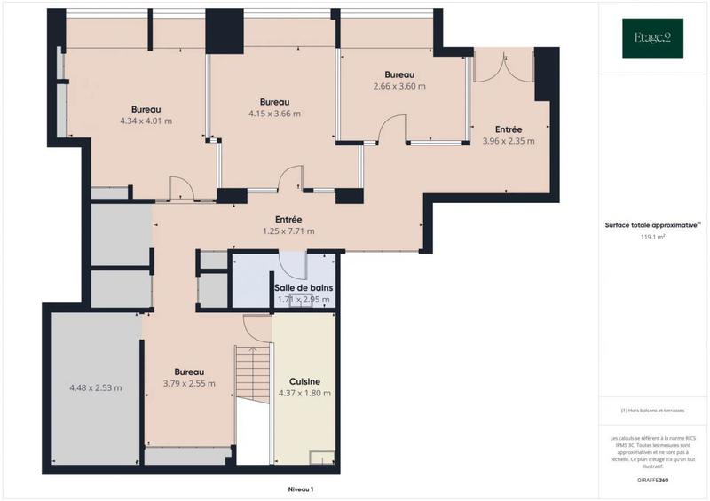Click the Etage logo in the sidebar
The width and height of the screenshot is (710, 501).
652,38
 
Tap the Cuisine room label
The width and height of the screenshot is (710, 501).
304,382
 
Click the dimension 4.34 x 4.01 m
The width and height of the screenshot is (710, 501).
146,121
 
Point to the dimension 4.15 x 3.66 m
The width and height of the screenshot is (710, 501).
274,114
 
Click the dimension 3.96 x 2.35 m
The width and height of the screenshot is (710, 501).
509,140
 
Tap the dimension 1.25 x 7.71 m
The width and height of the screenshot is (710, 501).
288,231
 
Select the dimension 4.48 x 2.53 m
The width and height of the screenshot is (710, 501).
96,387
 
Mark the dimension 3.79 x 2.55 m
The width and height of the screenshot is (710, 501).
189,384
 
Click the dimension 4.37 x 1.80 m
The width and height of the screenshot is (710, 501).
304,394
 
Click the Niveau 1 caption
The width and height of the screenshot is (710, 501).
301,489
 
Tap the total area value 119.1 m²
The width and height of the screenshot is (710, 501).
652,238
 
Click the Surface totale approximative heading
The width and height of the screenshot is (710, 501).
652,225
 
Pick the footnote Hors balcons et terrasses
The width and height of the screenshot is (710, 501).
652,410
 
